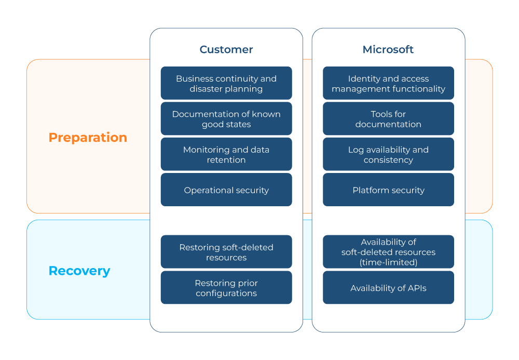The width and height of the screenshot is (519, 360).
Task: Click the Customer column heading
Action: pos(226,49)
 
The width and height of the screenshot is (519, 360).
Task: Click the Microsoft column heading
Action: pos(388,49)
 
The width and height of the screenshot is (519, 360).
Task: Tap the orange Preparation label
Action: pos(88,138)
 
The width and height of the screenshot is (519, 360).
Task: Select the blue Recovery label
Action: pos(79,271)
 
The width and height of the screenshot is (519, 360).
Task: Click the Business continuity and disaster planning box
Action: pos(226,83)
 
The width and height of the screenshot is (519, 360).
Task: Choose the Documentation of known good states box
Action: pos(226,118)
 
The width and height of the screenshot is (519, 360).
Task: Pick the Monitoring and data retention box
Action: pos(226,154)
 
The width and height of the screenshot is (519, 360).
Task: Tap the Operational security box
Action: pos(226,190)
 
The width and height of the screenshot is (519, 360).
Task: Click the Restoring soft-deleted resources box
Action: pos(226,252)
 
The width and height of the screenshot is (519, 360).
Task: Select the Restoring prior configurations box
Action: pos(226,287)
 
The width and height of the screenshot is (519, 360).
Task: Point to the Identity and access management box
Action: pos(388,83)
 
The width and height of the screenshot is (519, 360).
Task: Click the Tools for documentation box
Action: pos(388,118)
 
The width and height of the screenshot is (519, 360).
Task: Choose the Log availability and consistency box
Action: pos(388,154)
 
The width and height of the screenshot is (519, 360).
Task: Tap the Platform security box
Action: pos(388,190)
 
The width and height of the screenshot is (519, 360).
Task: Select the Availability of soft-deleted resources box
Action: pos(388,252)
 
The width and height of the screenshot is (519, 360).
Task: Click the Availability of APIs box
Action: pos(388,287)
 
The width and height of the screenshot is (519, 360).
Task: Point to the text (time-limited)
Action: pos(388,262)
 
